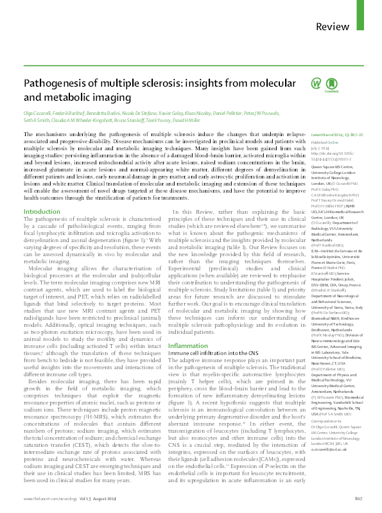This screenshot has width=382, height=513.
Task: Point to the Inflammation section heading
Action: (188, 327)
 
